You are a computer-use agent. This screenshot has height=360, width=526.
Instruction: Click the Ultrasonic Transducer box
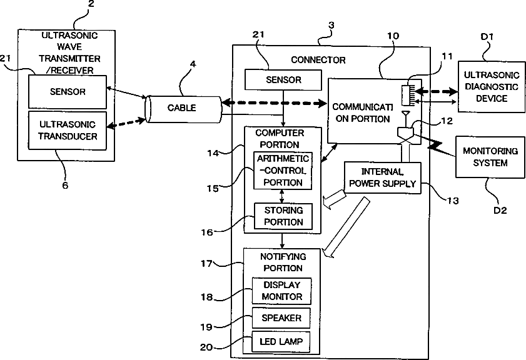point(68,130)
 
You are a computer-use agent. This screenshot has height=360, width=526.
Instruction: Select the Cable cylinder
point(182,107)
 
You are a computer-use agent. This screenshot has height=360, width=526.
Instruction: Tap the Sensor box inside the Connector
point(283,80)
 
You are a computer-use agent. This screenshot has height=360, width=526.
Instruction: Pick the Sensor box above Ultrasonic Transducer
point(68,91)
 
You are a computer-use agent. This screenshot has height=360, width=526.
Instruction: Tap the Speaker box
point(281,318)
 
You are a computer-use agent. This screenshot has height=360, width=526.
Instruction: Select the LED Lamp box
point(281,342)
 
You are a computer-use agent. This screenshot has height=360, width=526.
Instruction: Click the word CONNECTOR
point(318,60)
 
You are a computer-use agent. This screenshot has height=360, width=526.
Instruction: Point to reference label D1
point(488,37)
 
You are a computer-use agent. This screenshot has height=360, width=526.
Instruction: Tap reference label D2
point(498,209)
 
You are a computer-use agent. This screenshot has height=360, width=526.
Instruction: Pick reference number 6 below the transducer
point(65,185)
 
